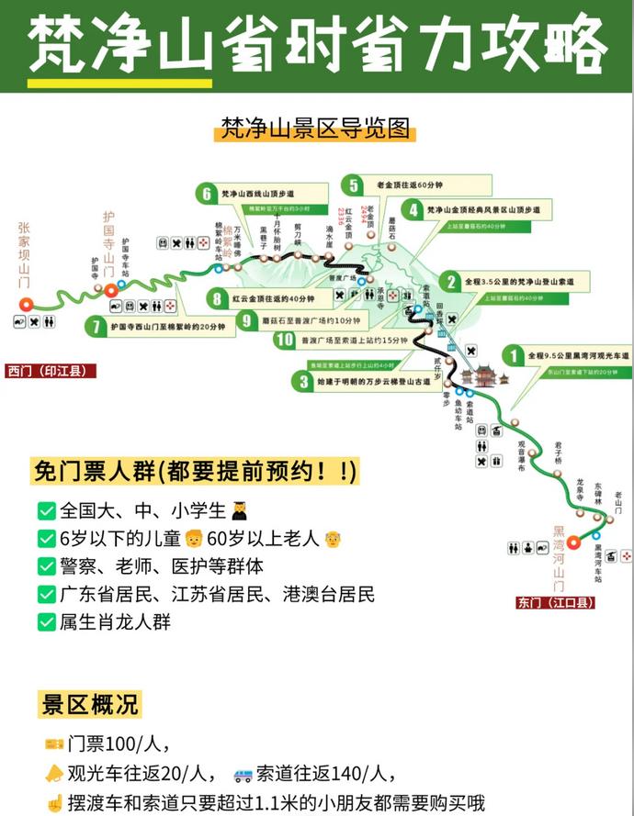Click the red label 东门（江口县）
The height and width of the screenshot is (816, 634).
tap(555, 603)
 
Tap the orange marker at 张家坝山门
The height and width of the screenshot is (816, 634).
tap(27, 303)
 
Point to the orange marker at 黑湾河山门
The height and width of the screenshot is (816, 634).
tap(573, 542)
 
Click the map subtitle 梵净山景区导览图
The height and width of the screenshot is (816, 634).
tap(315, 128)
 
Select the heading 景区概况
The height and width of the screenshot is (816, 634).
tap(90, 704)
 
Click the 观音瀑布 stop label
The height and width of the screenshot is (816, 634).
tap(521, 455)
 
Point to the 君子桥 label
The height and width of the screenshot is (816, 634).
tap(558, 451)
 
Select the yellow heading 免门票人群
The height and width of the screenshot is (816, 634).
tap(193, 472)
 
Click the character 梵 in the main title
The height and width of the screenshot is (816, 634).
tap(61, 46)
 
